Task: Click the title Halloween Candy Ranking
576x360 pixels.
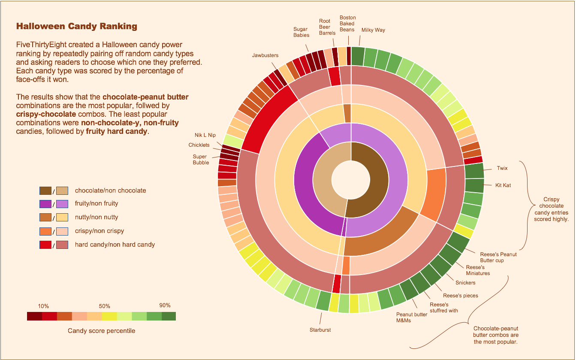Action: (x=77, y=27)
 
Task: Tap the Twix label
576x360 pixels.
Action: (x=502, y=168)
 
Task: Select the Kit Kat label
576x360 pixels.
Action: (x=504, y=185)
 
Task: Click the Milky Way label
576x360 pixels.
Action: (x=373, y=30)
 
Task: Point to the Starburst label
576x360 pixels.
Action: (x=320, y=330)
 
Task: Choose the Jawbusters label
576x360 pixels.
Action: (x=265, y=55)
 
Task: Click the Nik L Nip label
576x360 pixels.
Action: (x=205, y=135)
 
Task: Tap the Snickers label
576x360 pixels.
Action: (x=465, y=283)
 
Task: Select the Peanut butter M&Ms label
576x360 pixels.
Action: (x=411, y=318)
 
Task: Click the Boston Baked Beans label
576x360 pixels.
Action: (x=347, y=24)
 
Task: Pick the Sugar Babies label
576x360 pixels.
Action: (x=301, y=32)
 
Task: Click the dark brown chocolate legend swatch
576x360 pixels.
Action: (x=45, y=191)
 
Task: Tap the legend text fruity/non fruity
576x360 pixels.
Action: (x=97, y=203)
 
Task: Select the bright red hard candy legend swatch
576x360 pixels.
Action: (x=45, y=245)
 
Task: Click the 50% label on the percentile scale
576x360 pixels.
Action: (x=105, y=306)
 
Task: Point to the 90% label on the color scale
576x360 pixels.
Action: (x=165, y=306)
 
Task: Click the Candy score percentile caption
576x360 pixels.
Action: (x=101, y=331)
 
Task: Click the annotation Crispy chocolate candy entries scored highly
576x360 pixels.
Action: (x=551, y=209)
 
